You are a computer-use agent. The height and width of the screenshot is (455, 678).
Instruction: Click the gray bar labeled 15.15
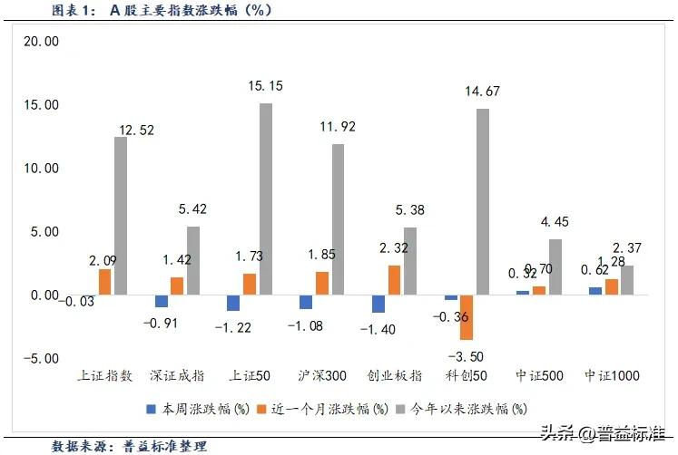click(x=264, y=199)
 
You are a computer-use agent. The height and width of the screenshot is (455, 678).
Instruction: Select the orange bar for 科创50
click(x=467, y=317)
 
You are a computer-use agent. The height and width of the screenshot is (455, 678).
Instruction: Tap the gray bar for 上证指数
click(x=121, y=216)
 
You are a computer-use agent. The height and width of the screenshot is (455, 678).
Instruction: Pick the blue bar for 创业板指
click(x=378, y=304)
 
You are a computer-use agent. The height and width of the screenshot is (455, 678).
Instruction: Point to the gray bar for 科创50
click(x=482, y=202)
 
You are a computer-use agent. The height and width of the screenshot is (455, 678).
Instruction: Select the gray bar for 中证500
click(x=555, y=266)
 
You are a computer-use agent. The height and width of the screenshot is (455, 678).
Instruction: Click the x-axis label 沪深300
click(x=323, y=374)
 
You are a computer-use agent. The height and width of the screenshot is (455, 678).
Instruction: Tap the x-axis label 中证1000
click(x=609, y=374)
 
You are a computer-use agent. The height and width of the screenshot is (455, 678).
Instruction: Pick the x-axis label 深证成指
click(x=179, y=374)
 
